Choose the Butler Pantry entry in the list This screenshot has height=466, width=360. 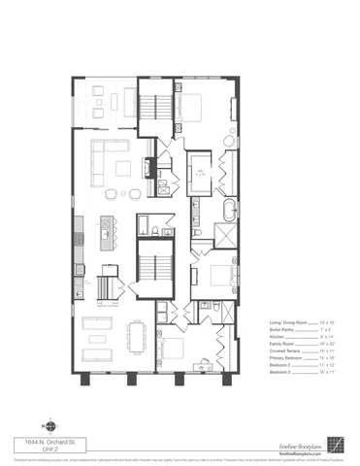pos(280,329)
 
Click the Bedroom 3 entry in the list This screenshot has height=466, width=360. pos(280,373)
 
